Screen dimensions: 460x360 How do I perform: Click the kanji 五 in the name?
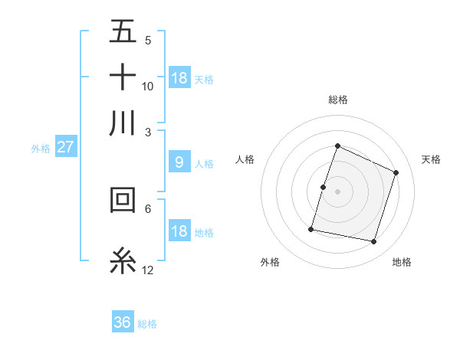(123, 32)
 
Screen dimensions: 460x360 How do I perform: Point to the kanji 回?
(123, 200)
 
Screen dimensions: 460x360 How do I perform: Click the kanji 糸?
(123, 260)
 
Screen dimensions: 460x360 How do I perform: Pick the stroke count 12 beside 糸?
(148, 270)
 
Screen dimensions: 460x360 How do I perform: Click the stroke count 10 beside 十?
(148, 86)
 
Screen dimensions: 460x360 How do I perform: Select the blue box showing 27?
(65, 147)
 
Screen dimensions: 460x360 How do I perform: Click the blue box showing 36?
(123, 322)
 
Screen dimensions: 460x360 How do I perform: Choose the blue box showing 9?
(179, 162)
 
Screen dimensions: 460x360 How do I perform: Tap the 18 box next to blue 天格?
(179, 77)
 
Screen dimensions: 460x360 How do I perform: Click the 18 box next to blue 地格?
(179, 231)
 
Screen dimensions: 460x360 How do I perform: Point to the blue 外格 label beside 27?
(41, 149)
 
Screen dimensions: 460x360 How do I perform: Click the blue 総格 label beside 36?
(147, 324)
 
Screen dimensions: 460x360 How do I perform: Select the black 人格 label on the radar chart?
(245, 159)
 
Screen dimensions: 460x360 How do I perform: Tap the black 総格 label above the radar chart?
(337, 100)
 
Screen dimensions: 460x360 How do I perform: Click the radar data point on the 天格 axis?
(396, 172)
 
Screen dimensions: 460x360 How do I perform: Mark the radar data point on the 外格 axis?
(311, 228)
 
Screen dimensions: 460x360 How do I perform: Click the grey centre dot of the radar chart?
(337, 191)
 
